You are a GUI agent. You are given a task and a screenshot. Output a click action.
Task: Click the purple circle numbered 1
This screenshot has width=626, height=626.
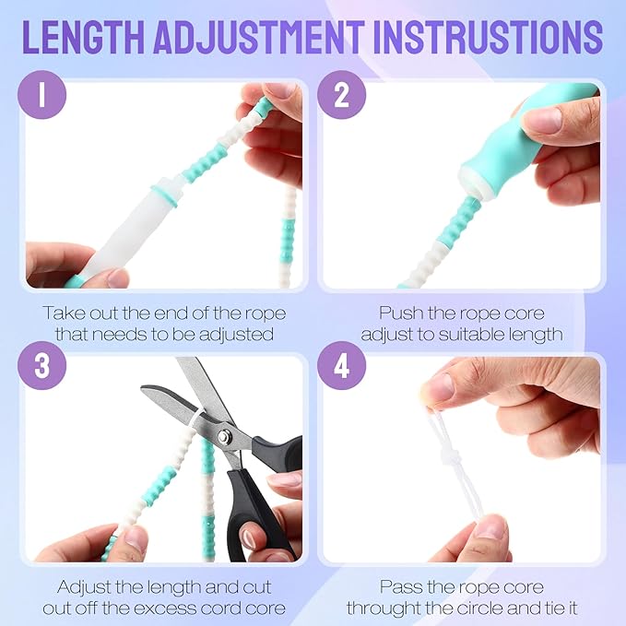pyautogui.click(x=41, y=95)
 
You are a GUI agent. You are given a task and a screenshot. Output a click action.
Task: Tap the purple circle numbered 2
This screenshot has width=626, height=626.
pyautogui.click(x=341, y=95)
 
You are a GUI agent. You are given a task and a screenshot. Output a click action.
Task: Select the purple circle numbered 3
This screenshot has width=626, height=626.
pyautogui.click(x=41, y=365)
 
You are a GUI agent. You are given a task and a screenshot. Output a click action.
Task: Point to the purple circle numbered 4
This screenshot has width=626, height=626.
pyautogui.click(x=341, y=365)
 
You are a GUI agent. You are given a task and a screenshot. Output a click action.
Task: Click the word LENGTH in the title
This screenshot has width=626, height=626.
pyautogui.click(x=83, y=37)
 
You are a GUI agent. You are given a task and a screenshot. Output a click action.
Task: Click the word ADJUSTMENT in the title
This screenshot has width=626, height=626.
pyautogui.click(x=259, y=37)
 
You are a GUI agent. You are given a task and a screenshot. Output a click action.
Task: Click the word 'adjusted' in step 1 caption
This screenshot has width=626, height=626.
pyautogui.click(x=236, y=334)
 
